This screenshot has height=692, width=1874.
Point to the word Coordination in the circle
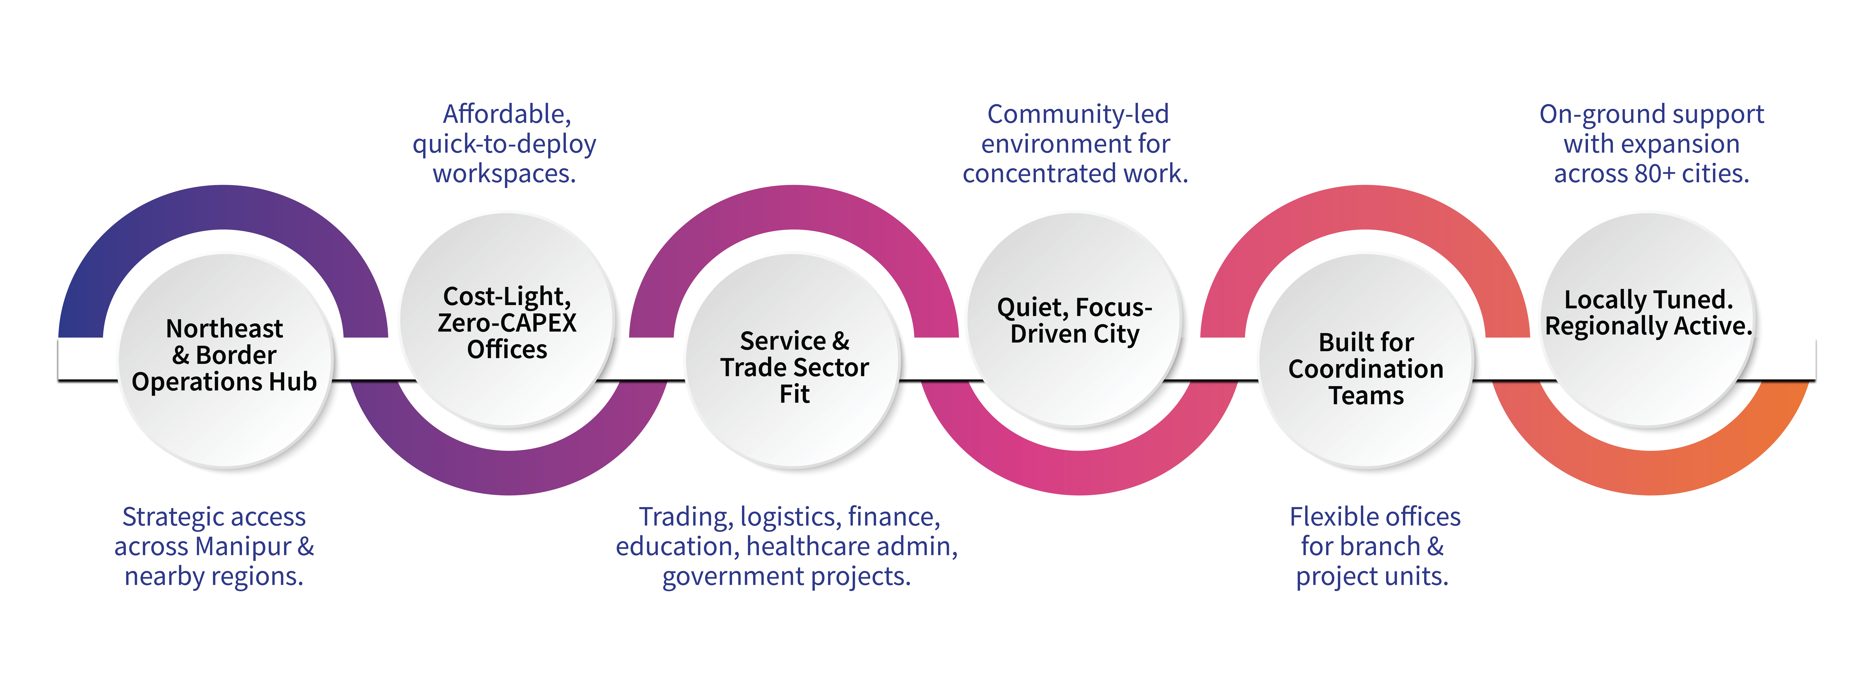[1366, 369]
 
